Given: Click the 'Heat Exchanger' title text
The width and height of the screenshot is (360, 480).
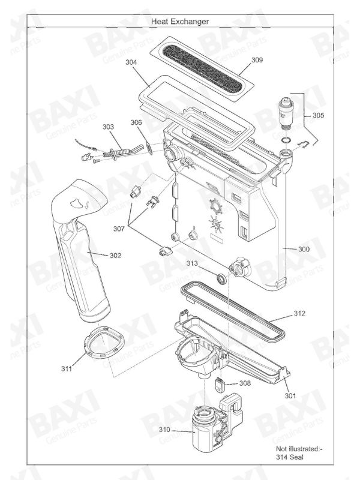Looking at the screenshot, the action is [180, 22].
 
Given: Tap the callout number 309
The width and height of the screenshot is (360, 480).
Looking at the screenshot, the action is [257, 59].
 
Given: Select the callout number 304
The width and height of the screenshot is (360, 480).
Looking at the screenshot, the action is [131, 62].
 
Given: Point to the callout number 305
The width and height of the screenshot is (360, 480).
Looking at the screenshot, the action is [318, 115].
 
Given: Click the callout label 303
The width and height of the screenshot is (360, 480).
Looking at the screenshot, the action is [108, 127].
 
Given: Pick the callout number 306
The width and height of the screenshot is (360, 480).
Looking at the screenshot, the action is [136, 122].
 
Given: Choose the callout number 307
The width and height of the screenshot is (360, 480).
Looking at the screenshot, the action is [119, 229].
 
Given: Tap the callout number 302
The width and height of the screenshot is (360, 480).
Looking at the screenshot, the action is [115, 256].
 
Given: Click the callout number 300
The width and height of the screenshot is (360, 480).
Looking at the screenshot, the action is [304, 249].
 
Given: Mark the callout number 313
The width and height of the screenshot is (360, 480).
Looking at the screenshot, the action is [192, 263].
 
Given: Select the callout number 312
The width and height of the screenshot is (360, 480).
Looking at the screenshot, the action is [299, 313].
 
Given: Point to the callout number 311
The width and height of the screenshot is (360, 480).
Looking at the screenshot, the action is [67, 369].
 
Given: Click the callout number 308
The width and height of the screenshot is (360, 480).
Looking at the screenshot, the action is [245, 383].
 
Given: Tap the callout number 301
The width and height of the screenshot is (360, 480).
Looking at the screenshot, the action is [290, 396].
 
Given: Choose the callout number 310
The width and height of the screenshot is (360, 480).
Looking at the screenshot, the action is [164, 430].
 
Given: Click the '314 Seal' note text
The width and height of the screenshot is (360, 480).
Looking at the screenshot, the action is [289, 457].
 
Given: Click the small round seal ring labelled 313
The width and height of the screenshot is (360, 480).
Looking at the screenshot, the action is [222, 279].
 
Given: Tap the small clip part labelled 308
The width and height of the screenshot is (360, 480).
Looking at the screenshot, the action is [219, 385].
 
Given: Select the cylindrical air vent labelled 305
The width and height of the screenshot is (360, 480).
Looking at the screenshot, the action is [286, 113].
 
